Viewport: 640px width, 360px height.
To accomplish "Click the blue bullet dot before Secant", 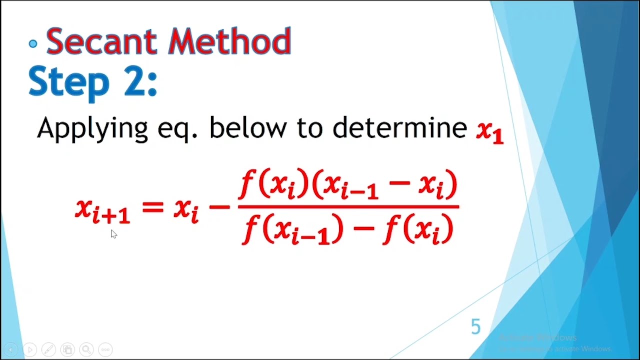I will [x=33, y=44].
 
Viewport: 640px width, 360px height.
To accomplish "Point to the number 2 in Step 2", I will [x=133, y=81].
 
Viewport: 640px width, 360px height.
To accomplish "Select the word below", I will [x=248, y=128].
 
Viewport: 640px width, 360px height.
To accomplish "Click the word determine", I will [x=399, y=128].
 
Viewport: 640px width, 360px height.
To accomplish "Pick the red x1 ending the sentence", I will [x=489, y=131].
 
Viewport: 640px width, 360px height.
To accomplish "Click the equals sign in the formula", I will [x=152, y=206].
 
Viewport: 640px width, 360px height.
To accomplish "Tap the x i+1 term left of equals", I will [x=102, y=210].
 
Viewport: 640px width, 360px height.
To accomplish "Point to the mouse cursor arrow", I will [x=113, y=234].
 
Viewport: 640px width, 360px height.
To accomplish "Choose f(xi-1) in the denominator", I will [x=292, y=229].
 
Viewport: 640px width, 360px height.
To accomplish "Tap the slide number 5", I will [x=475, y=327].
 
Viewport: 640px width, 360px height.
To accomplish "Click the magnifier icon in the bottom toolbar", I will [x=86, y=349].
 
